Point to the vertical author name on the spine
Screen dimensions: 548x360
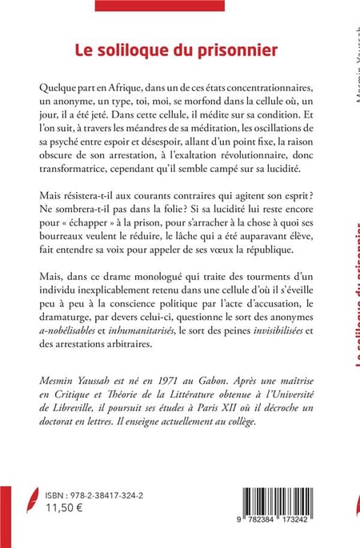click(354, 64)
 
